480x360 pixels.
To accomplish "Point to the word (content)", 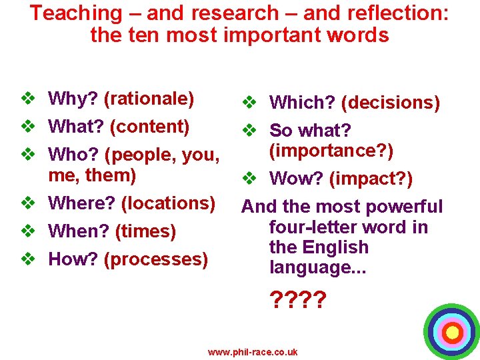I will pyautogui.click(x=149, y=127).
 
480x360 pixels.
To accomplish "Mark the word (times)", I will pyautogui.click(x=145, y=231).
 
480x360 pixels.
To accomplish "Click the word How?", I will pyautogui.click(x=73, y=259).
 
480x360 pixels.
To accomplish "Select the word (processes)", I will pyautogui.click(x=155, y=259).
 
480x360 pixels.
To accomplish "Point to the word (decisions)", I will pyautogui.click(x=390, y=103).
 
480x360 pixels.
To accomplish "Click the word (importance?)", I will pyautogui.click(x=331, y=151).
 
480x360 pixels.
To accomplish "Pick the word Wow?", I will pyautogui.click(x=297, y=179).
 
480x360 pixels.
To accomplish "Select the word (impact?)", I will pyautogui.click(x=371, y=179).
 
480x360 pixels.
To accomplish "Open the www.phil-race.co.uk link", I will pyautogui.click(x=253, y=352).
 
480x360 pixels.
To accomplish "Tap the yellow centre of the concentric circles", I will pyautogui.click(x=452, y=331).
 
